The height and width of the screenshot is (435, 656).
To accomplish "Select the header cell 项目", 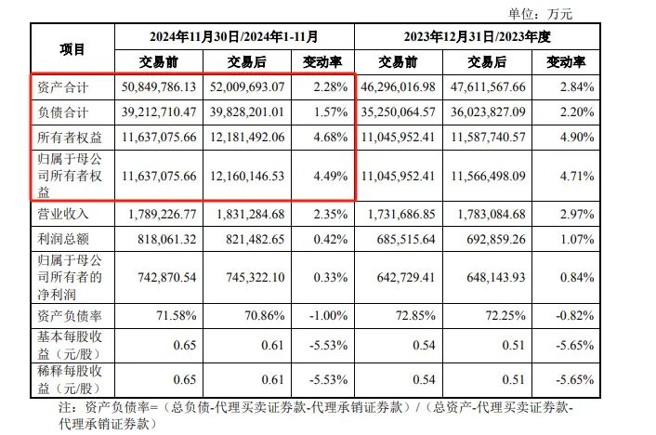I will pos(72,49).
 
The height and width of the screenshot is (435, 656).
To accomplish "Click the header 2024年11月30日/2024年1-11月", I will pos(234,37).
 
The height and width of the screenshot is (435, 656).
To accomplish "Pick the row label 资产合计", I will pos(62,87).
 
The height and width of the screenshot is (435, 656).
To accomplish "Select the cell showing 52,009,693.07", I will pos(246,87).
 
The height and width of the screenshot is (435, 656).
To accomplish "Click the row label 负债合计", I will pos(62,112).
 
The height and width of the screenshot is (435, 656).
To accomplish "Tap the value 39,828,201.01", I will pos(246,112).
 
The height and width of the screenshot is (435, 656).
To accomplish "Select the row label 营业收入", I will pos(62,214).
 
